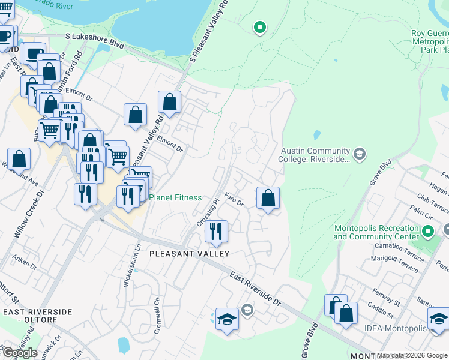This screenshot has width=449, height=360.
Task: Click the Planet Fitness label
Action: click(175, 197)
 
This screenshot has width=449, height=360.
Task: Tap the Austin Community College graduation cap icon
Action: click(359, 154)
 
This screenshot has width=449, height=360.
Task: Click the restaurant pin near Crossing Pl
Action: click(216, 231)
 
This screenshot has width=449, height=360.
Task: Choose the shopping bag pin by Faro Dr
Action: click(268, 197)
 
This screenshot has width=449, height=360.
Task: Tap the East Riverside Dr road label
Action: click(256, 287)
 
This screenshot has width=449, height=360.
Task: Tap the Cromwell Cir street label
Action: click(157, 311)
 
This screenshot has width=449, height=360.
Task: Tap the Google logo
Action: click(19, 353)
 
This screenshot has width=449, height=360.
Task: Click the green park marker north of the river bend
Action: click(259, 27)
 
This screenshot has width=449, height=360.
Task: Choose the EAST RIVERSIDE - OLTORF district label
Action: click(37, 316)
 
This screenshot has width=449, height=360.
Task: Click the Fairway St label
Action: click(385, 298)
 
